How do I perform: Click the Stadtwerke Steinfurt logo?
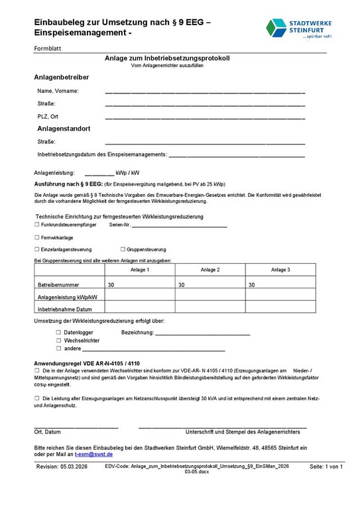(298, 28)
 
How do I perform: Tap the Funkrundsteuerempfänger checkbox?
(36, 225)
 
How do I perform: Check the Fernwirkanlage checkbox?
(36, 237)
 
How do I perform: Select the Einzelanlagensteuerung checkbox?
(36, 249)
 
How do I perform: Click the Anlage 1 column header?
(140, 270)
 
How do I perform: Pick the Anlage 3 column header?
(280, 270)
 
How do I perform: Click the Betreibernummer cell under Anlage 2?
(210, 284)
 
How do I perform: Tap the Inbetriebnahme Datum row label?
(65, 309)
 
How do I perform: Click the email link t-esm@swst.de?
(93, 455)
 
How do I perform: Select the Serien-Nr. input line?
(180, 226)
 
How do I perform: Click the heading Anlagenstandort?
(64, 129)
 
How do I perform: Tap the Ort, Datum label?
(48, 431)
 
